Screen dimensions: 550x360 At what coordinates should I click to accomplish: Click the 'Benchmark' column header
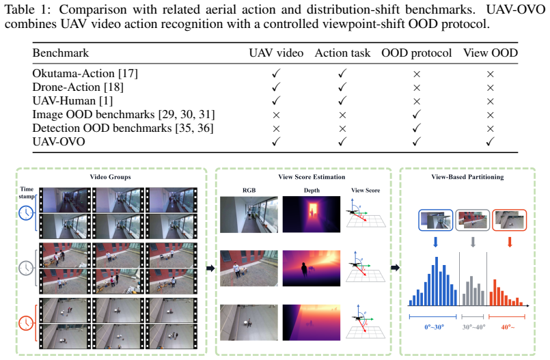click(60, 53)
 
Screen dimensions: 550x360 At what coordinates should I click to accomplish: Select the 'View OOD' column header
click(491, 53)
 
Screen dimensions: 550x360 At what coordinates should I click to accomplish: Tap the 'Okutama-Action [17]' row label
click(85, 74)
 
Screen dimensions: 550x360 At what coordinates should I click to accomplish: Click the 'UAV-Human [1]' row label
click(72, 101)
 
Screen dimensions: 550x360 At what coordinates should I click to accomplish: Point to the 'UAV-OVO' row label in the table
click(59, 142)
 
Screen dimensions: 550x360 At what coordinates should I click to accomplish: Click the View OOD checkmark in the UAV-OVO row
click(491, 141)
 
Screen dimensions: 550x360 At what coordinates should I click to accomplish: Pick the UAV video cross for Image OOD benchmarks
click(276, 115)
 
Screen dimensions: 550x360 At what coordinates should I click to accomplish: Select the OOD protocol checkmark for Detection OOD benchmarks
click(417, 128)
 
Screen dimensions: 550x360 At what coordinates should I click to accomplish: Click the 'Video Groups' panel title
click(110, 177)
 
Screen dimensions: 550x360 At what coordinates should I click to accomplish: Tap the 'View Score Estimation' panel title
click(312, 177)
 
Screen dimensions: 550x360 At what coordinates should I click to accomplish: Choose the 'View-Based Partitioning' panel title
click(467, 177)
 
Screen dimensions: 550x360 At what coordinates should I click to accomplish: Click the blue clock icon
click(26, 212)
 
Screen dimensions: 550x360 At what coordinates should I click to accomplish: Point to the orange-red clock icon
click(26, 323)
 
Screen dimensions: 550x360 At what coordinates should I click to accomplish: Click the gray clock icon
click(26, 268)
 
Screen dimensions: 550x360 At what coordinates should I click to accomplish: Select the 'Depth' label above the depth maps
click(312, 191)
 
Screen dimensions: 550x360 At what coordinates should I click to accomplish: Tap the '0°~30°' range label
click(435, 327)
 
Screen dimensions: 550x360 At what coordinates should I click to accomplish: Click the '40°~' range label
click(508, 327)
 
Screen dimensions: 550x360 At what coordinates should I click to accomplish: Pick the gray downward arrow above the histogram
click(473, 242)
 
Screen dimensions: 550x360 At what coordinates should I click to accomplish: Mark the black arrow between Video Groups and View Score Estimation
click(210, 268)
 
